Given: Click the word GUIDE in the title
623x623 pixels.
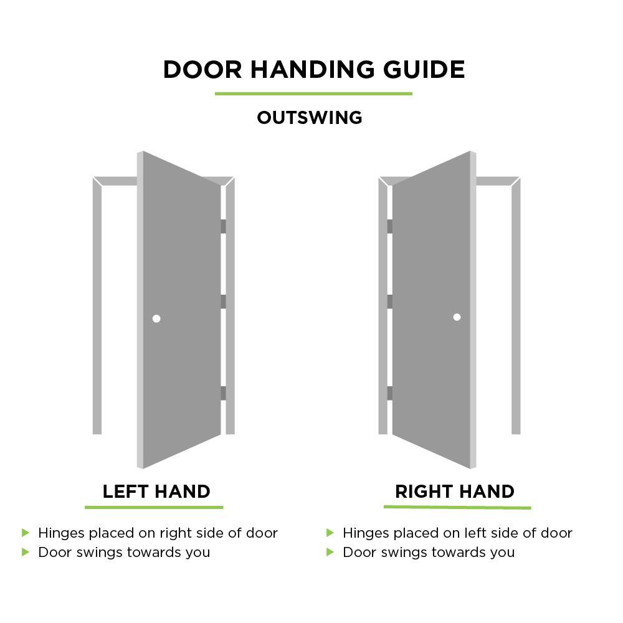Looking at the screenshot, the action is tap(424, 70).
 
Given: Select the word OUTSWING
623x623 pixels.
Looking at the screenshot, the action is tap(310, 118).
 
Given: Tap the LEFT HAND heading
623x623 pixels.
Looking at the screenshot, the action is tap(156, 492).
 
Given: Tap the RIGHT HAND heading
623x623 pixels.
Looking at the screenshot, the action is tap(455, 492).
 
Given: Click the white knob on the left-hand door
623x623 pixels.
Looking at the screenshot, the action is tap(156, 318).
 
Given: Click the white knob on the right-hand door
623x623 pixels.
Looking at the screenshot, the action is tap(457, 317).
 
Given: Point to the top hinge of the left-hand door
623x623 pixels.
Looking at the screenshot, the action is tap(223, 227).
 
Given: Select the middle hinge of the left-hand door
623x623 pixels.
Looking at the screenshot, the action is tap(223, 302).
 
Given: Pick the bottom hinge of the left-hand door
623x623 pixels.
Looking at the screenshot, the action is tap(223, 393).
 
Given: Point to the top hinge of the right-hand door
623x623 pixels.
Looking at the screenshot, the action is tap(390, 227).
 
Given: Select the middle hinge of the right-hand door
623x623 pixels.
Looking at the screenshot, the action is tap(390, 302).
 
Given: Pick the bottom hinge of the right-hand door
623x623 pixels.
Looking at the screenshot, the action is tap(390, 393).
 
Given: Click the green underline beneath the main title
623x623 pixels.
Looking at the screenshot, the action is tap(313, 94).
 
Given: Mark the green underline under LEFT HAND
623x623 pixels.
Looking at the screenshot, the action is tap(154, 507).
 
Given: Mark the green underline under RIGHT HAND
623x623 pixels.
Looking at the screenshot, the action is tap(457, 507).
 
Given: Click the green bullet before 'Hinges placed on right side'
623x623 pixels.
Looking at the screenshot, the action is tap(26, 533).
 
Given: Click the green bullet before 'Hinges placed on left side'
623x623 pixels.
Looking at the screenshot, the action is tap(330, 533).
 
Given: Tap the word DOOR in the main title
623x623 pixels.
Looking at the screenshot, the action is tap(202, 70).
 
